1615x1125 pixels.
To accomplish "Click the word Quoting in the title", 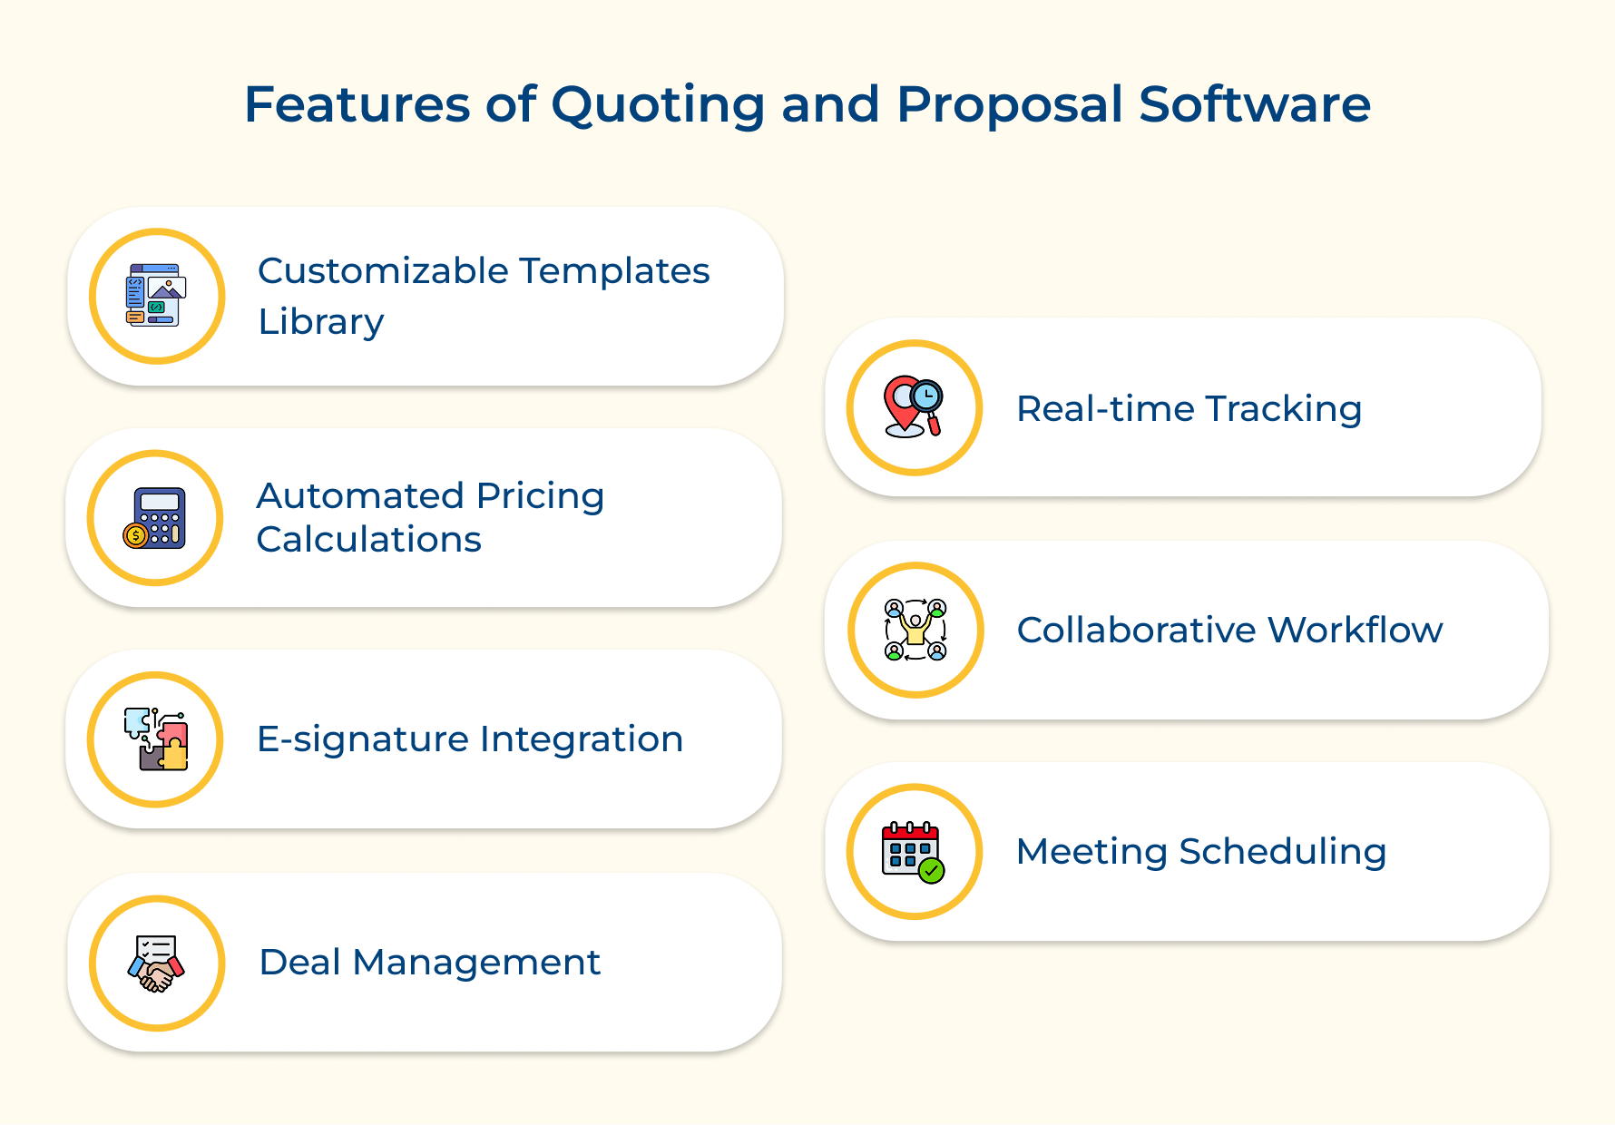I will pos(658,104).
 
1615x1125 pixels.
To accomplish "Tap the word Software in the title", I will pos(1254,104).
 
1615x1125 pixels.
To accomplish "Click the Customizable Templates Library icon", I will pos(156,296).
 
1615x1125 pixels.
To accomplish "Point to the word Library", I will pos(321,322).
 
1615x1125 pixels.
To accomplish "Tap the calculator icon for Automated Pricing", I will pos(155,518).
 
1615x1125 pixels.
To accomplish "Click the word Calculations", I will pos(368,540).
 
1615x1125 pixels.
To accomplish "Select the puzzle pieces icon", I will pos(156,739).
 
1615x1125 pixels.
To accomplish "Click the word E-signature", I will pos(362,739).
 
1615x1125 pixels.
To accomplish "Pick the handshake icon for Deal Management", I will pos(156,964).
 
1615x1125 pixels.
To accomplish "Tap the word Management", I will pos(476,963).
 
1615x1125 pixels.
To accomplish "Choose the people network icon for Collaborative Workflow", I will pos(915,630).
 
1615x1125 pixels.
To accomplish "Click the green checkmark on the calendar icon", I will pos(931,871).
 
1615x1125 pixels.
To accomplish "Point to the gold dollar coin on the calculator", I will pos(135,536).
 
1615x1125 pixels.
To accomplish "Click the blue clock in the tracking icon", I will pos(926,396).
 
